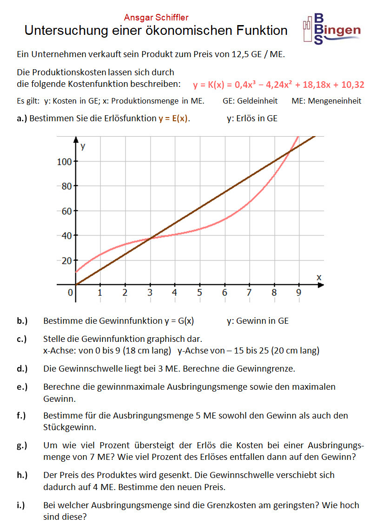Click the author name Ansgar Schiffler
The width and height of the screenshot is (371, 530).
coord(156,18)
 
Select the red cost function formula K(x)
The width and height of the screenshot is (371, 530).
coord(278,85)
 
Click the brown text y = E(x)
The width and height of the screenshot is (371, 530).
coord(173,118)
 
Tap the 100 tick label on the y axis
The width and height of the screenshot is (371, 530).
coord(64,162)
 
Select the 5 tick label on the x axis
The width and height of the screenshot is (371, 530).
coord(199,293)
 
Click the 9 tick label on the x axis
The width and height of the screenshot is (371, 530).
coord(298,293)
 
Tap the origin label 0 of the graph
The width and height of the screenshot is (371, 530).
coord(70,293)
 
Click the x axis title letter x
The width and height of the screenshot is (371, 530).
coord(319,277)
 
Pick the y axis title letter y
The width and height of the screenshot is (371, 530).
coord(83,147)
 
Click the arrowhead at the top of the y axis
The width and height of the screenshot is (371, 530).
coord(75,139)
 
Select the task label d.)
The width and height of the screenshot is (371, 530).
coord(22,369)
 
